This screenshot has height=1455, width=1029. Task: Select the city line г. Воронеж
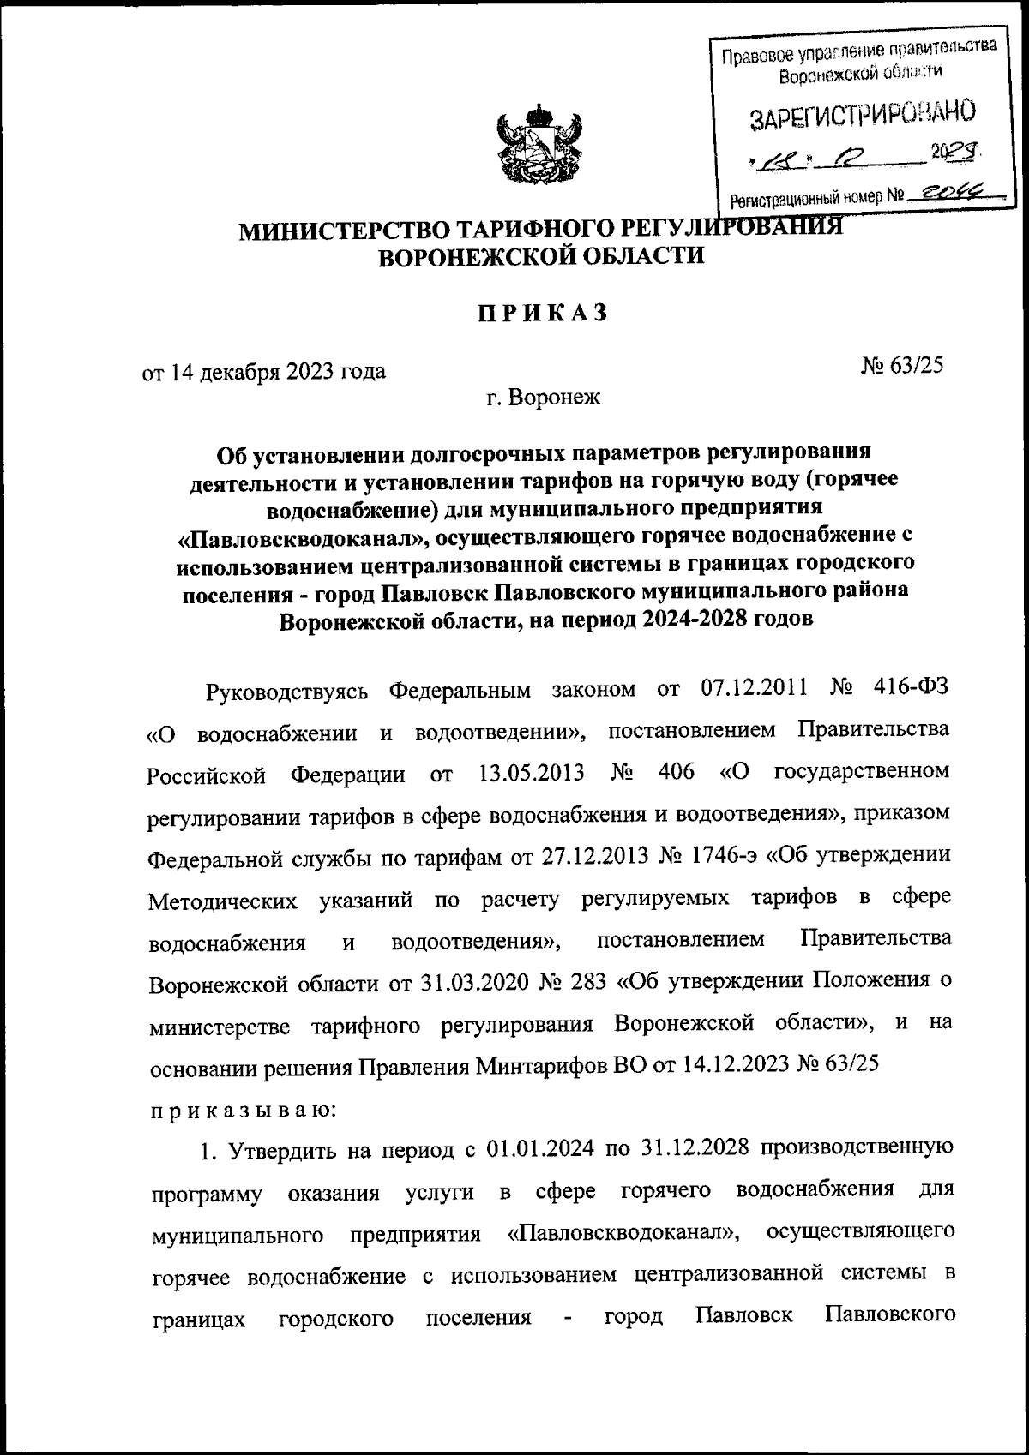[543, 398]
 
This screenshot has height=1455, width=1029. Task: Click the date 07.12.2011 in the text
[740, 689]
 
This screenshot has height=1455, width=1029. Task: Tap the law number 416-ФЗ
[913, 689]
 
